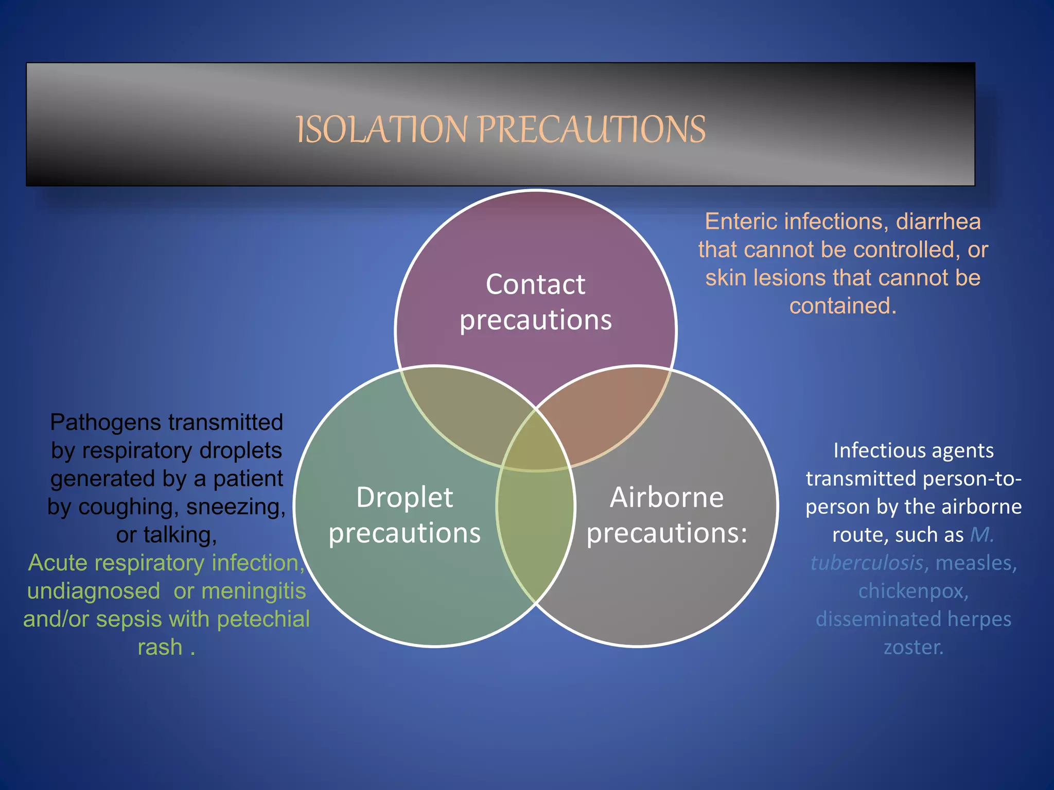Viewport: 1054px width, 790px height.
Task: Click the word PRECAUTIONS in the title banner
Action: click(592, 130)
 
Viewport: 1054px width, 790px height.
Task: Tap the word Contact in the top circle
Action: click(535, 284)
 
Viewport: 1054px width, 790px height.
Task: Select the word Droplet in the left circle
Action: click(405, 497)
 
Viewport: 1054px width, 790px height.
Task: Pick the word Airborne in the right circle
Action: click(666, 497)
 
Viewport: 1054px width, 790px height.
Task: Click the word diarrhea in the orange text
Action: click(938, 222)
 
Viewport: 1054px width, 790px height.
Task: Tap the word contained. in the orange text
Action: click(842, 306)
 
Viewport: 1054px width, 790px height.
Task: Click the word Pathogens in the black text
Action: click(98, 423)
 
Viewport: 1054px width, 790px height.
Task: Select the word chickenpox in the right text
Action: click(912, 591)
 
